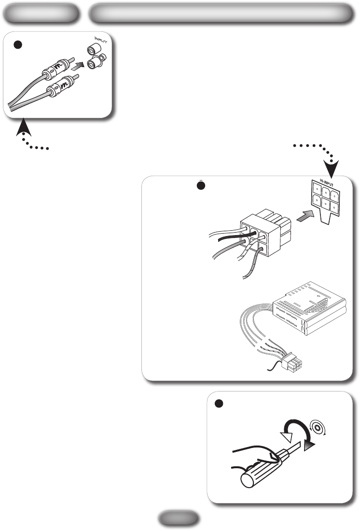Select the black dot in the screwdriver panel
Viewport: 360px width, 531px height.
(218, 404)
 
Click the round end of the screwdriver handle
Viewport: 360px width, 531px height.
(250, 480)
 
